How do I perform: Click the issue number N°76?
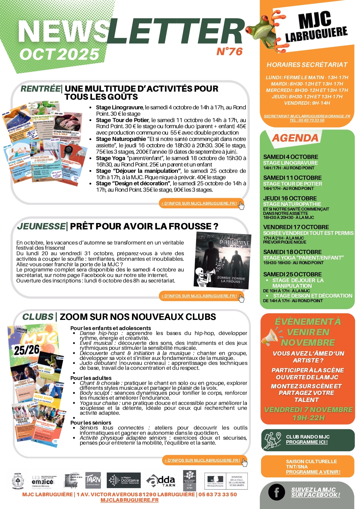[x=229, y=51]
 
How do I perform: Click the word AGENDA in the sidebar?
[x=295, y=138]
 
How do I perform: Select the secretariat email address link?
[x=307, y=116]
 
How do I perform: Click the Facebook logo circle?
[x=276, y=492]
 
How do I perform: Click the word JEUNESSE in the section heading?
[x=41, y=226]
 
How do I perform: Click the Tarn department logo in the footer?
[x=93, y=480]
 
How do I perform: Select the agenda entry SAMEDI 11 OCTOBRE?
[x=292, y=177]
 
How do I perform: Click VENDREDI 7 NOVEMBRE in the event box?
[x=308, y=410]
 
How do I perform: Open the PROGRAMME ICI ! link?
[x=307, y=442]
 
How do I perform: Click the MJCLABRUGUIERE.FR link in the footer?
[x=129, y=500]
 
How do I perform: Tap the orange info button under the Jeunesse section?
[x=200, y=296]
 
